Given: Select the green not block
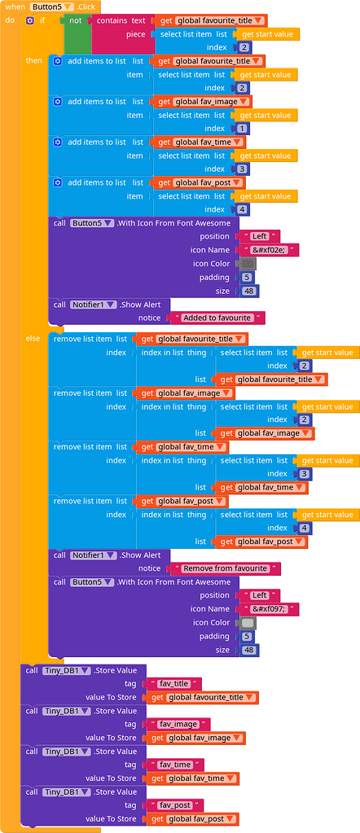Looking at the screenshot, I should coord(76,20).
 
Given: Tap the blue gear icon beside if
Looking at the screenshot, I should coord(30,20).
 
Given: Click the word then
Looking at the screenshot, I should coord(33,60).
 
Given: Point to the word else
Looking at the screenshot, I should coord(33,338).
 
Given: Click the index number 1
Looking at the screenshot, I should coord(242,129).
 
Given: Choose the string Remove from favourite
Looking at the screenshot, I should coord(225,568).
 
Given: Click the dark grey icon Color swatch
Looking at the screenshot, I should coord(245,264).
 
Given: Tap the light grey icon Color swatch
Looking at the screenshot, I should coord(245,623).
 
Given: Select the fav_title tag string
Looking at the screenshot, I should coord(173,684).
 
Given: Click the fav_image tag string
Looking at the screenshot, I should coord(177,724).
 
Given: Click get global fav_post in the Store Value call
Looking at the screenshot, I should coord(193,819).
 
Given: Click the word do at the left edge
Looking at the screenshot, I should coord(10,20).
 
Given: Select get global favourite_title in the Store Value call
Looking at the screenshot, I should coord(203,697).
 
